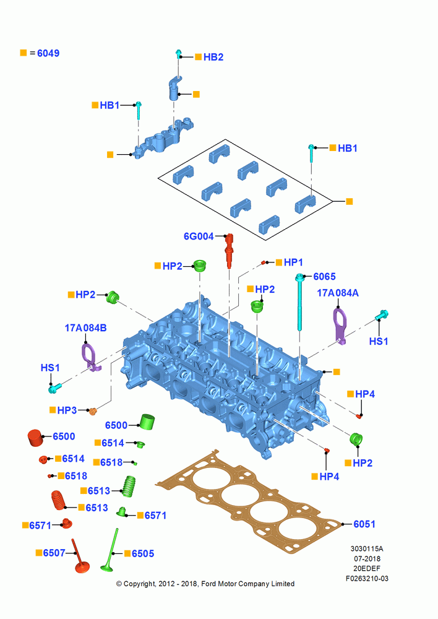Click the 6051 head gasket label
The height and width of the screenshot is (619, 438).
(x=364, y=524)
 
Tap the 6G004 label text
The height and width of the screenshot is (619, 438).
(x=199, y=236)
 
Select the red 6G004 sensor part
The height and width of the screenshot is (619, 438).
(x=229, y=251)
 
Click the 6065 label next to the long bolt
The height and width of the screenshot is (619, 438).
(x=324, y=276)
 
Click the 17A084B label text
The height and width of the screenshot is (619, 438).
(x=85, y=328)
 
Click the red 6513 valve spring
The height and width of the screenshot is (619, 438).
(x=59, y=500)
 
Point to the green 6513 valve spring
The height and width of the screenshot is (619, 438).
(x=129, y=486)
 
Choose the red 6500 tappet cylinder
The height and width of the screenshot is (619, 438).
(x=35, y=438)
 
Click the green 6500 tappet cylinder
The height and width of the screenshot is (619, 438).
(x=148, y=422)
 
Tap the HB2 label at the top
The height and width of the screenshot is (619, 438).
(x=213, y=57)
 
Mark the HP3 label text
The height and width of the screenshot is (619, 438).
(x=67, y=410)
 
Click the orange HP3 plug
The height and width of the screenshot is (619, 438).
(x=93, y=412)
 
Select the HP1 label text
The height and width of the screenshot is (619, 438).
(x=294, y=262)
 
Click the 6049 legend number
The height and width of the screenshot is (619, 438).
(x=48, y=53)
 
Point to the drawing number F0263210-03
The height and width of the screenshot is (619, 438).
(x=367, y=578)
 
